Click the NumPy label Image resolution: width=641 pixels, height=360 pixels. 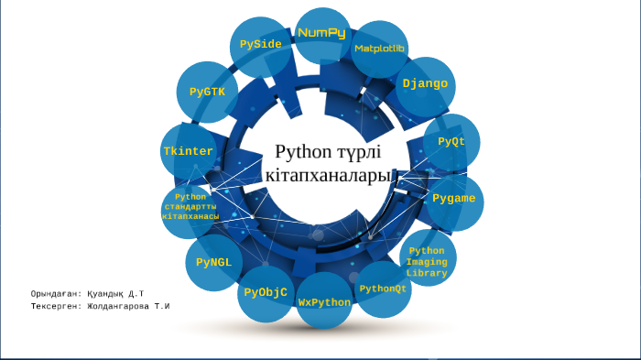coord(321,33)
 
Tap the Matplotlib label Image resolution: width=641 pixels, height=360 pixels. coord(380,48)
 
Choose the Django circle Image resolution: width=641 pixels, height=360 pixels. coord(425,83)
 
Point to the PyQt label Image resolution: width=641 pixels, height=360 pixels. coord(451,142)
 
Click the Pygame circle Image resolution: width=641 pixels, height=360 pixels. coord(453,198)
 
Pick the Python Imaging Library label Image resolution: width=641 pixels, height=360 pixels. coord(427,261)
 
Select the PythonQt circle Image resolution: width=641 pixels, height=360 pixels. coord(383,289)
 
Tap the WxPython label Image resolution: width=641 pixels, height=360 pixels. coord(324,301)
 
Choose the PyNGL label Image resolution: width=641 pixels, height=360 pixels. coord(214,262)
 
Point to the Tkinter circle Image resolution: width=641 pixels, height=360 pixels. coord(189,151)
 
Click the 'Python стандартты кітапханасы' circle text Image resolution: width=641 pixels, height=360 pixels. coord(190,206)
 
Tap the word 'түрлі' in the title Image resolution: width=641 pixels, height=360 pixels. coord(365,151)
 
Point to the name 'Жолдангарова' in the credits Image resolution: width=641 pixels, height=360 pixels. coord(118,305)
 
